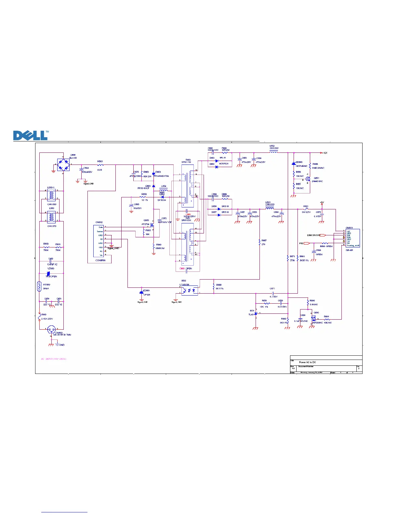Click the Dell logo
point(31,135)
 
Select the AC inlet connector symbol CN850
point(51,330)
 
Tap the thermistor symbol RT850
point(39,286)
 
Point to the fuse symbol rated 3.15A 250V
point(39,316)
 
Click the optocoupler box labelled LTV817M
point(190,290)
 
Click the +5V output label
point(322,203)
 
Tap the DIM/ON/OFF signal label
point(313,235)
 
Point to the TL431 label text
point(251,315)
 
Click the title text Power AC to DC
point(307,362)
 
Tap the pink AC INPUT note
point(54,359)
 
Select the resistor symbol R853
point(100,165)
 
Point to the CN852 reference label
point(99,222)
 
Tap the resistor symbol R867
point(259,242)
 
